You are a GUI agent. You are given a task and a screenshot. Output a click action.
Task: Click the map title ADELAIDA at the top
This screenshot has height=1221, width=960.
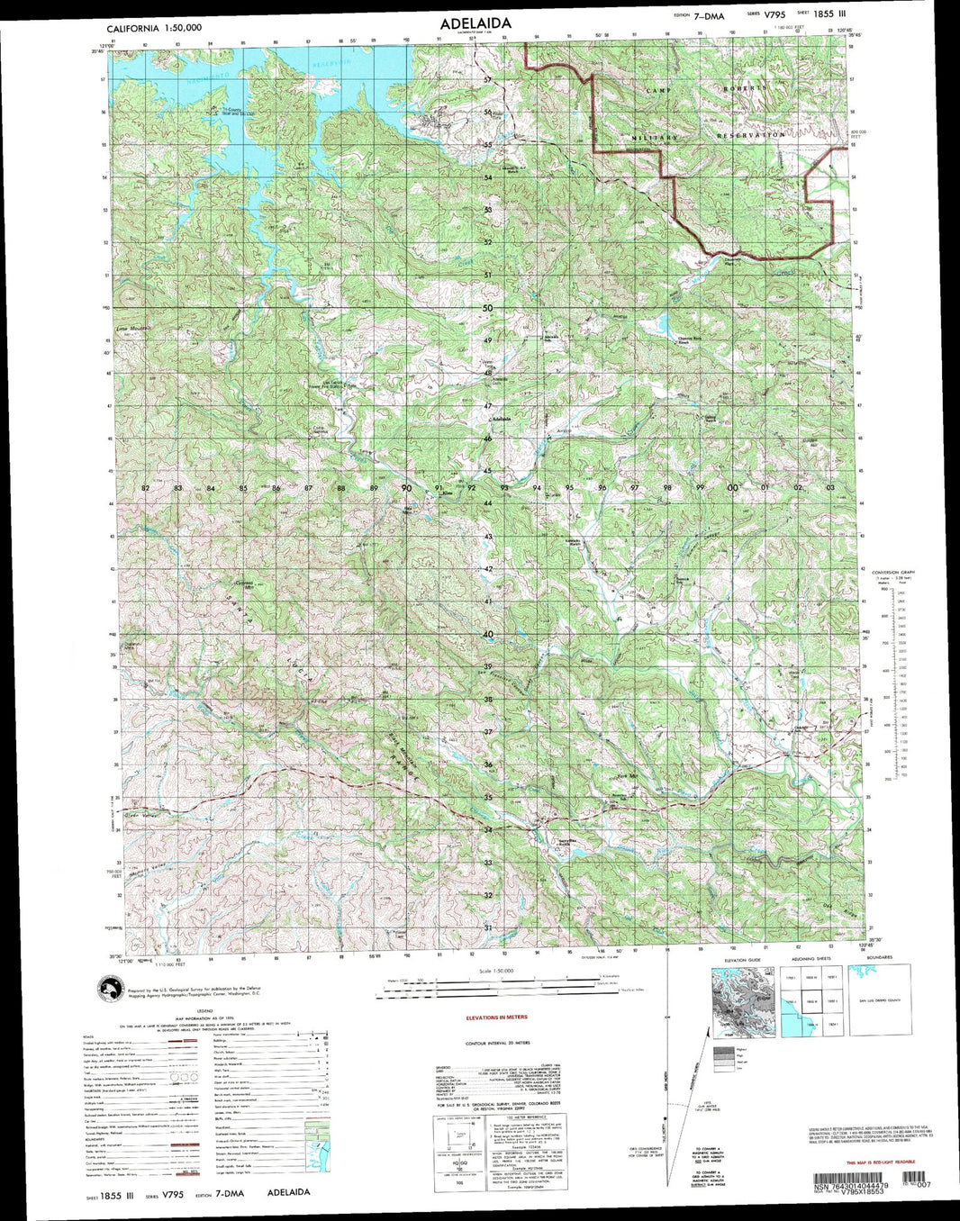click(x=475, y=23)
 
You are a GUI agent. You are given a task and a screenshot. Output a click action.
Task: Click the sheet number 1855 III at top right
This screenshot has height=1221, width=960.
click(x=829, y=14)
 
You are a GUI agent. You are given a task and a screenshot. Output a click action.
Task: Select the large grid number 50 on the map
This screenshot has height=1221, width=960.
click(x=487, y=308)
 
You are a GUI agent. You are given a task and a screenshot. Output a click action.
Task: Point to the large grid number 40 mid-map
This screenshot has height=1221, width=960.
click(x=487, y=634)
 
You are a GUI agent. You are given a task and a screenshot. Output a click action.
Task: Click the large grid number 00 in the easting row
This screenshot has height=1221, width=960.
click(x=733, y=487)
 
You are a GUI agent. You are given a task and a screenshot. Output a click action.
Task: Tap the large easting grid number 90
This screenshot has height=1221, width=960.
click(x=406, y=488)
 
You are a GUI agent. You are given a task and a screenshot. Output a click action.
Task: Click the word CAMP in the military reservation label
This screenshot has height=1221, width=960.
click(x=658, y=92)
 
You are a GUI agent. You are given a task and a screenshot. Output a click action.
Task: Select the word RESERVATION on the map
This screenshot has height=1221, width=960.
click(x=750, y=135)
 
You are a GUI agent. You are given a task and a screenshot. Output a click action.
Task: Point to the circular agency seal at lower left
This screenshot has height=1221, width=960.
click(x=111, y=990)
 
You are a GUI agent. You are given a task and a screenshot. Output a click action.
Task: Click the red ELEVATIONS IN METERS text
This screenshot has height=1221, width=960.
click(x=496, y=1017)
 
